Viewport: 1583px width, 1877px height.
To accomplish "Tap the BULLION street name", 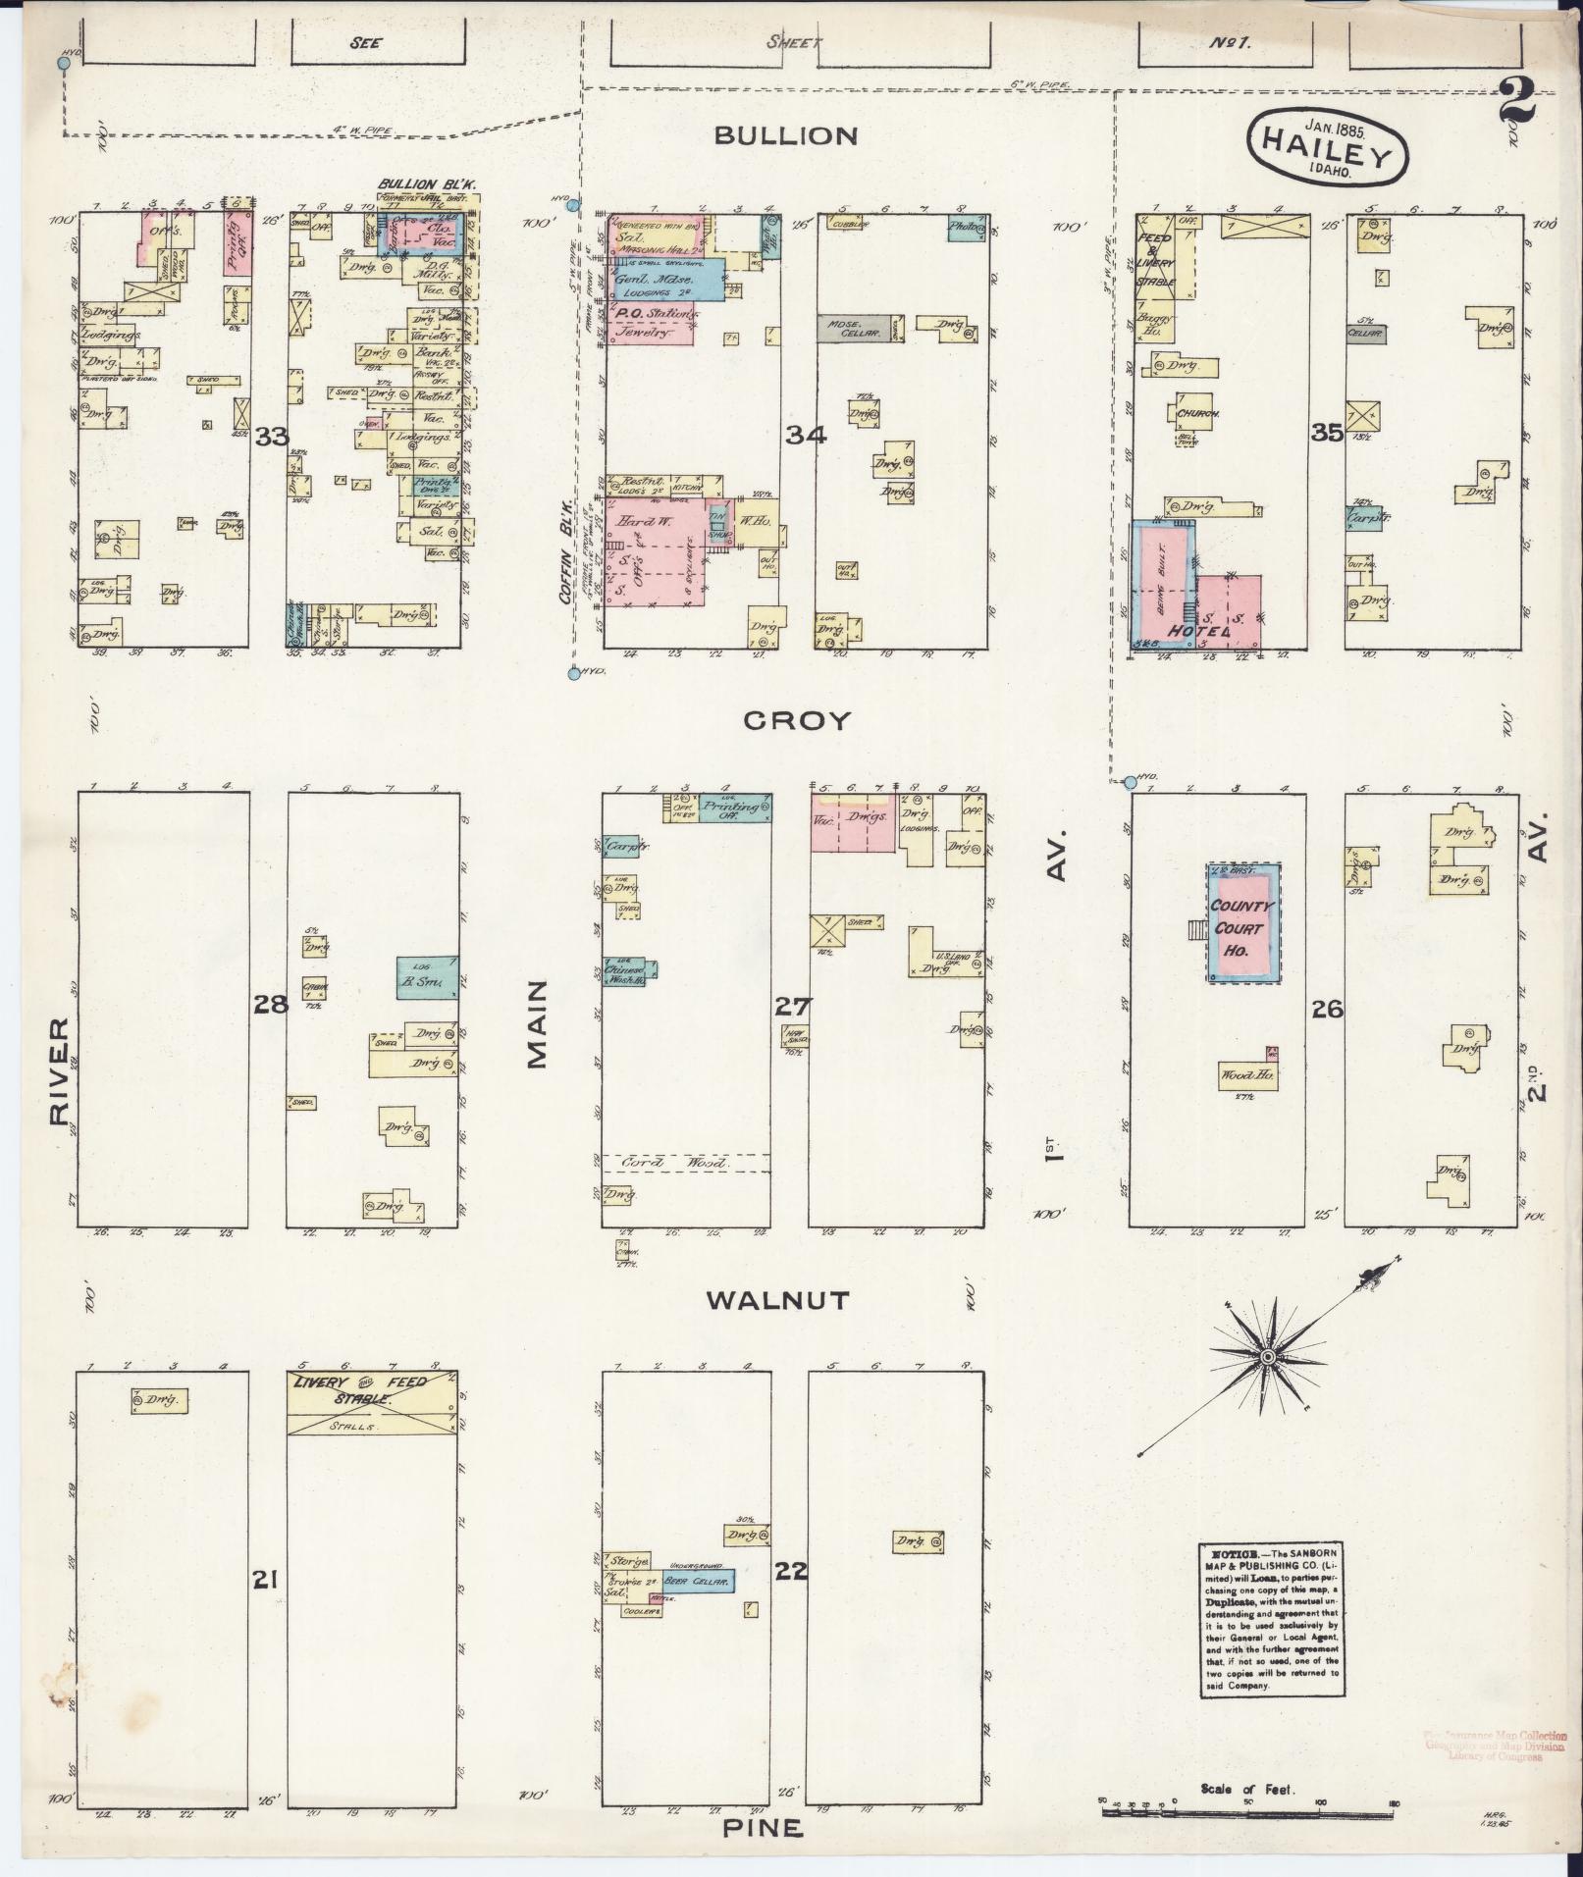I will coord(785,135).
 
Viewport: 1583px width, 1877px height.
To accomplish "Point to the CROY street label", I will coord(796,721).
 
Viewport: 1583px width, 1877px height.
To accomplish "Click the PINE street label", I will coord(763,1828).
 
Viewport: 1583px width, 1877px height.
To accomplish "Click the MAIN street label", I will coord(536,1024).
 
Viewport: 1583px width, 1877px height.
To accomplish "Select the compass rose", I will coord(1267,1356).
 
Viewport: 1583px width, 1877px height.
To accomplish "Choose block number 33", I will coord(271,436).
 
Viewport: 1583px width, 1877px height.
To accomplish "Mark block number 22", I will coord(790,1572).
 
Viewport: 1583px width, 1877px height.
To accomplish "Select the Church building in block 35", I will coord(1196,414).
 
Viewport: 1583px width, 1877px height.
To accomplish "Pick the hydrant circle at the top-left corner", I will coord(65,63).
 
